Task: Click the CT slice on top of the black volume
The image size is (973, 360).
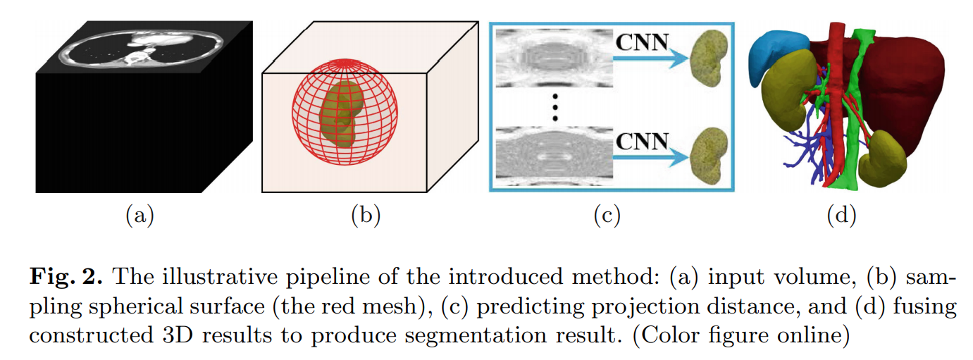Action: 141,51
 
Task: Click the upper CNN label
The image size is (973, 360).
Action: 641,43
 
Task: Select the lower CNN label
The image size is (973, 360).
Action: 641,140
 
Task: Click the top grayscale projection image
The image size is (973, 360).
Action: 552,59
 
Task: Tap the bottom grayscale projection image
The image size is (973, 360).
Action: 552,156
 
